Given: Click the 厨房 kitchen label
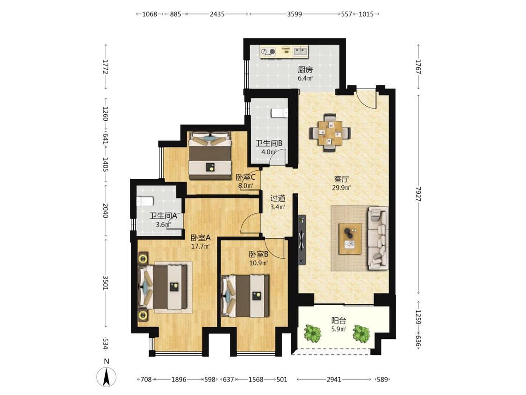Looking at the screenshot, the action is tap(305, 70).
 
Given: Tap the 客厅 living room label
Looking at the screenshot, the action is tap(341, 179).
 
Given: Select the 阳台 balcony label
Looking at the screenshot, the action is tap(339, 321).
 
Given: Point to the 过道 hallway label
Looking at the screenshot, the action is tap(278, 198).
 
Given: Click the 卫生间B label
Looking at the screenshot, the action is tap(269, 143).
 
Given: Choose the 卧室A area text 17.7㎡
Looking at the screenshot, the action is tap(200, 246).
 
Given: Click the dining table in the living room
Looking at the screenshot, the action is tap(331, 132).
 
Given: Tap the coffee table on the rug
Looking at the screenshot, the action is tap(350, 239).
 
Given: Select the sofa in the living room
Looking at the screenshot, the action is tap(378, 238).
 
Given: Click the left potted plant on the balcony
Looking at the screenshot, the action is tap(313, 333).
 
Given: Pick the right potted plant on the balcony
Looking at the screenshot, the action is tap(361, 333).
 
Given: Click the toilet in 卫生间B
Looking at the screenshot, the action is tap(280, 113).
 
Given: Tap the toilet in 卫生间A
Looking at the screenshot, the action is tap(145, 201).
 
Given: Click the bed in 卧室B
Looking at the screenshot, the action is tap(245, 296).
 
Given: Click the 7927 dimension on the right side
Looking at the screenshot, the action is tap(418, 194).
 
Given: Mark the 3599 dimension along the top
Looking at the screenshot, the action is tap(295, 14).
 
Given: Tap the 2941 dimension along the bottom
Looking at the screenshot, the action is tap(334, 380).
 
